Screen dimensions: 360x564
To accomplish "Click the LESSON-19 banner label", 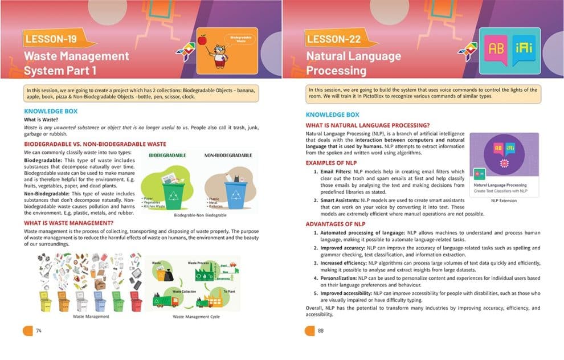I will (50, 39).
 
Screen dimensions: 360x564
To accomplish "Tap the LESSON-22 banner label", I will (333, 39).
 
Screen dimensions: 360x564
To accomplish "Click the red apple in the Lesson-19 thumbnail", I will (202, 39).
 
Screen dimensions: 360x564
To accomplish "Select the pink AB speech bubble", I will (496, 49).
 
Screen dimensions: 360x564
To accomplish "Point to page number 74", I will (39, 330).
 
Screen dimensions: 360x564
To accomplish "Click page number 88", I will (321, 330).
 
